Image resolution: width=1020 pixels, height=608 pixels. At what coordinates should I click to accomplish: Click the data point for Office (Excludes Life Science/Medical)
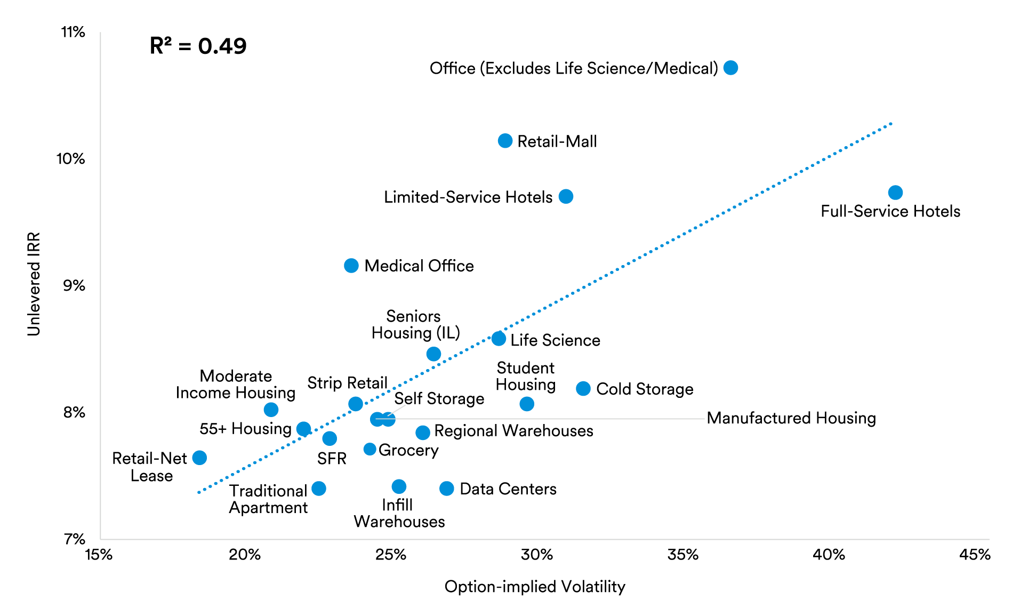tap(730, 68)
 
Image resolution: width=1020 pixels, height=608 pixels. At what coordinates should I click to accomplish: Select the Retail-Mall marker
tap(505, 141)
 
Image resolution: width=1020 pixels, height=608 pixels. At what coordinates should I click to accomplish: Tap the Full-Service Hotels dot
tap(895, 193)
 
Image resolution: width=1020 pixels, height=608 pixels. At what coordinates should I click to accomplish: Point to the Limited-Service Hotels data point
tap(566, 197)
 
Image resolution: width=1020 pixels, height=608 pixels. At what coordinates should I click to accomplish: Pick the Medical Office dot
tap(351, 266)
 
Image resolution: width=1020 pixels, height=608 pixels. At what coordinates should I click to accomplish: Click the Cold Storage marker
tap(583, 389)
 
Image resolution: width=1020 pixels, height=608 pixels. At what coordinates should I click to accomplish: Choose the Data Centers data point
tap(447, 489)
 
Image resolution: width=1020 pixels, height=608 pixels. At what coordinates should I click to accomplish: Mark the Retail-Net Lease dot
tap(199, 458)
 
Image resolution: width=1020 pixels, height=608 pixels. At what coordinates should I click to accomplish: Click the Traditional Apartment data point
tap(319, 489)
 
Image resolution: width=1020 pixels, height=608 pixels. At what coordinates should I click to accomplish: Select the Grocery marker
tap(370, 449)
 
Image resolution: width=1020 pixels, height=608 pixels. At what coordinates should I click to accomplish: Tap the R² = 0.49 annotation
tap(198, 46)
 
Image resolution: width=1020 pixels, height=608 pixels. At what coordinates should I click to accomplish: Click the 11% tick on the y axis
tap(73, 32)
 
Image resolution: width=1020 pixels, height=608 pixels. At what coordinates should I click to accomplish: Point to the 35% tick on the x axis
tap(682, 555)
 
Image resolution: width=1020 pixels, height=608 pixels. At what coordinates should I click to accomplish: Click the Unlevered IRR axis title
tap(34, 284)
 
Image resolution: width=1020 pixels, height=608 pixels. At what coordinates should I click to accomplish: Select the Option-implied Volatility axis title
tap(534, 586)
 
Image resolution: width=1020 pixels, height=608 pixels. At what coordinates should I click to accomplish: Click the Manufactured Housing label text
tap(791, 418)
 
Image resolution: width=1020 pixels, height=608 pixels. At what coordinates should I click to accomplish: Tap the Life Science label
tap(555, 340)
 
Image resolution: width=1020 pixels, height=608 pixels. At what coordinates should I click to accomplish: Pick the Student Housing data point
tap(527, 404)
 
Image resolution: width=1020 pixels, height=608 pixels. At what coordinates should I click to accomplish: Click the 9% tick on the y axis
tap(74, 285)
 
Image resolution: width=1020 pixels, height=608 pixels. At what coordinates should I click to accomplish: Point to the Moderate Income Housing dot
tap(271, 410)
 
